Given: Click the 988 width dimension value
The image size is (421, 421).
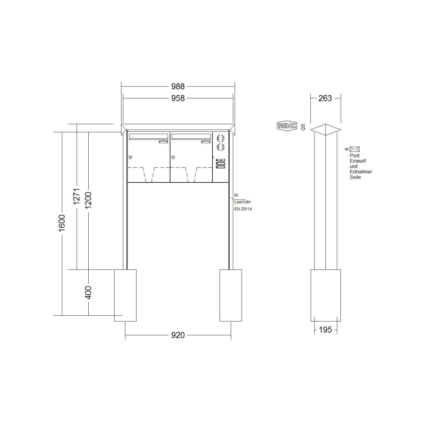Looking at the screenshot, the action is click(178, 86).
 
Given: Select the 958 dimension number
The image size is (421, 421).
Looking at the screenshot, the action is click(178, 98).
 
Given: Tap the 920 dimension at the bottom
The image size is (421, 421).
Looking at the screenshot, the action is click(178, 335).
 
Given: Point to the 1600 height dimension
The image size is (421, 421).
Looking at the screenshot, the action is click(62, 223).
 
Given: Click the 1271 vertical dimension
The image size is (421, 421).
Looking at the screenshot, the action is click(77, 196).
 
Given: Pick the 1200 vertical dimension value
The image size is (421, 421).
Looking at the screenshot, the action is click(88, 200).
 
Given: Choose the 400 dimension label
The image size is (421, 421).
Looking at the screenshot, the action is click(88, 292).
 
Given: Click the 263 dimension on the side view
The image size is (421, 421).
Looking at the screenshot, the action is click(325, 98).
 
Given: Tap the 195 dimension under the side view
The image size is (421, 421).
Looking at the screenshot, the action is click(325, 330).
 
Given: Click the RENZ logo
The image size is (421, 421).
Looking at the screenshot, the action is click(287, 126).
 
